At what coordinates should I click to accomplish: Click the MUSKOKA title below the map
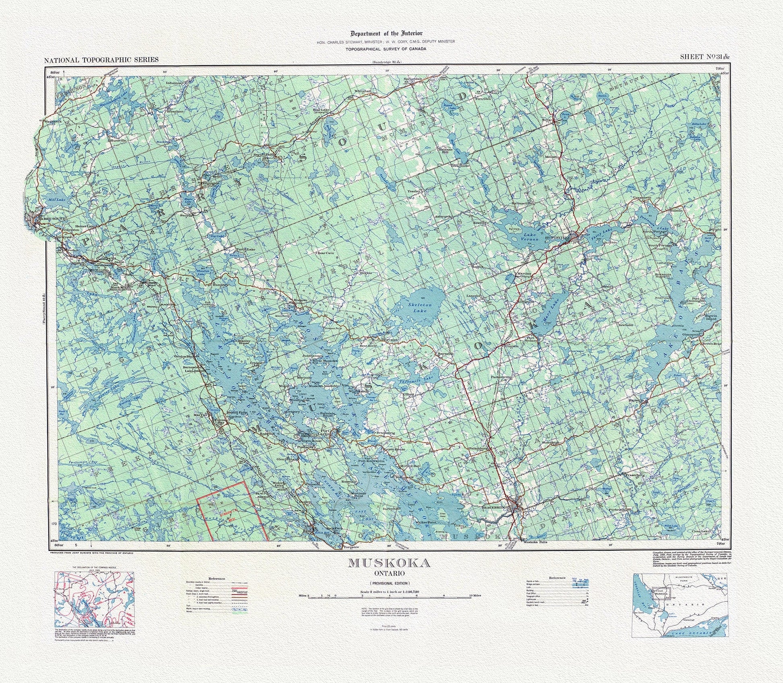(389, 563)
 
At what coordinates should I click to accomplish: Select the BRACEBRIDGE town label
(495, 508)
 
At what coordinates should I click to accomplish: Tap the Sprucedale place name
(413, 79)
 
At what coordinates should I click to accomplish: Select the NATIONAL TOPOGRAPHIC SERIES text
(101, 60)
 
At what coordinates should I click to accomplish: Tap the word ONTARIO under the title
(389, 573)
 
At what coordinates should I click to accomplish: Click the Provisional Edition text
(389, 583)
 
